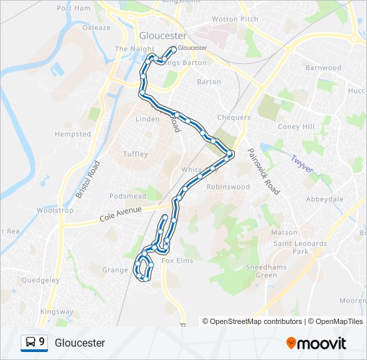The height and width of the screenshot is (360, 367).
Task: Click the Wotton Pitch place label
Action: pos(234,19)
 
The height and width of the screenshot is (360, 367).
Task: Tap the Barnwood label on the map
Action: pos(323,68)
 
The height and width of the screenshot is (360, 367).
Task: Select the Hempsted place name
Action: pos(73,134)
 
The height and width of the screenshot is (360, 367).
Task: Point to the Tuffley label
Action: pos(135,154)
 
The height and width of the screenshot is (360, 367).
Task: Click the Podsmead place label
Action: pos(127,196)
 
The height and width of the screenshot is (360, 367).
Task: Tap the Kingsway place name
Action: pos(57,311)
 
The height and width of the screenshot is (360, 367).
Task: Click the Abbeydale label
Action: pos(324,199)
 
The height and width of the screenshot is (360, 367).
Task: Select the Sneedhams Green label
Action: pos(257,271)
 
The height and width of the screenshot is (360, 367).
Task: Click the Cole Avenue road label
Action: pos(121,213)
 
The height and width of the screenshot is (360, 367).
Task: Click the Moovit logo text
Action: pos(322,343)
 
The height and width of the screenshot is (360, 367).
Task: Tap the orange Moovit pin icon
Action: pos(292,343)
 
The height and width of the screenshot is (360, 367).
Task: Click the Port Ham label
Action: pos(73,8)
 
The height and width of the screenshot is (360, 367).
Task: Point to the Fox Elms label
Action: pos(177,261)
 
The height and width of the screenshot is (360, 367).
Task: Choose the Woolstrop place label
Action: pos(55,210)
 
